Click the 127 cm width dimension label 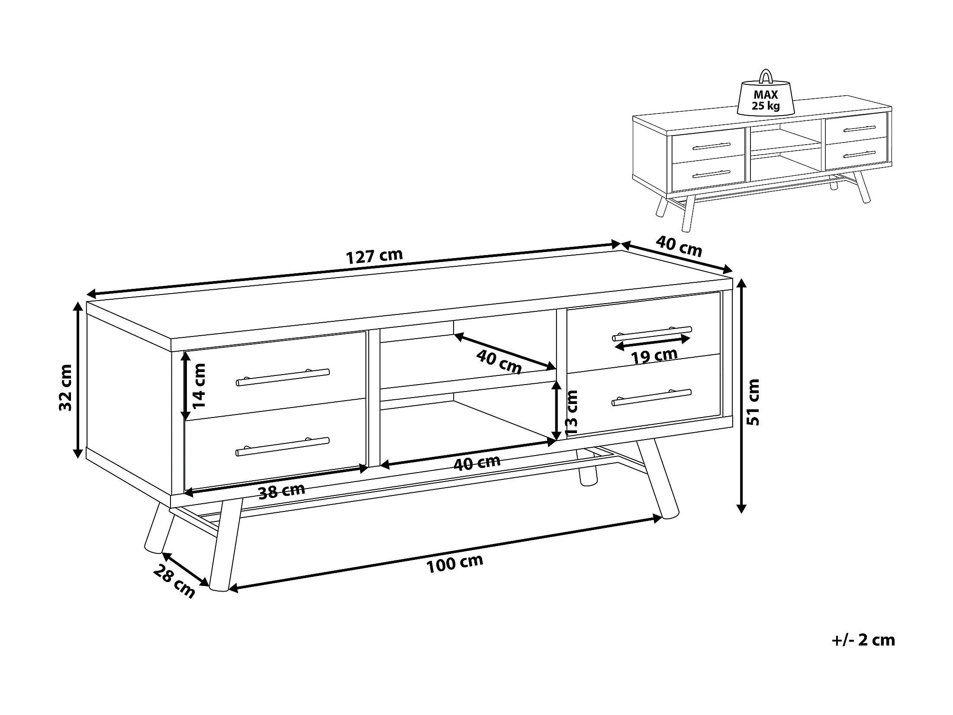tap(374, 256)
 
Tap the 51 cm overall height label tap(753, 401)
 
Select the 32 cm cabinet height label tap(66, 388)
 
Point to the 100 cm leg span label tap(454, 563)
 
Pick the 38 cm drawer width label tap(282, 492)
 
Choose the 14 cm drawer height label tap(200, 385)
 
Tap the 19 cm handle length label tap(654, 356)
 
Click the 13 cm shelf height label tap(572, 413)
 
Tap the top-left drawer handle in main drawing tap(283, 377)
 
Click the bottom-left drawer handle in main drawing tap(283, 446)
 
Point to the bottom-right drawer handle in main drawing tap(652, 398)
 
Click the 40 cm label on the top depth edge tap(679, 246)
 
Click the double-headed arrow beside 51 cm tap(741, 395)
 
